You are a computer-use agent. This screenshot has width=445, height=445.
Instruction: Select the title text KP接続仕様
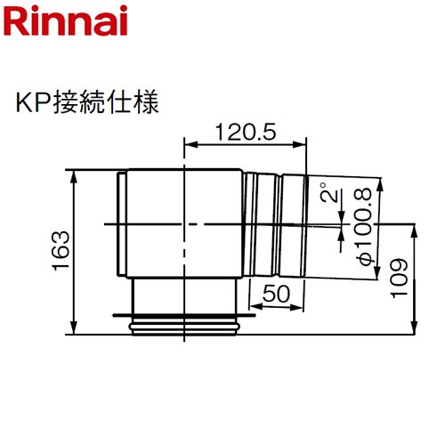[x=86, y=102]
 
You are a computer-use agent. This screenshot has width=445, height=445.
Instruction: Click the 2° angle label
[x=330, y=195]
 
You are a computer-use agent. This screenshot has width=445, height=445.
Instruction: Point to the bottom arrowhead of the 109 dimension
[x=415, y=329]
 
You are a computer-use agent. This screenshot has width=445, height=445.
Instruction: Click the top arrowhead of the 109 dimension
[x=415, y=229]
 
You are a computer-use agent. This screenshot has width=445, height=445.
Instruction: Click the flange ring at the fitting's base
[x=186, y=322]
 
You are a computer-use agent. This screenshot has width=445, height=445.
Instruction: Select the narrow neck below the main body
[x=186, y=294]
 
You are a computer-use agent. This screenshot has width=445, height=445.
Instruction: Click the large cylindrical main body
[x=182, y=222]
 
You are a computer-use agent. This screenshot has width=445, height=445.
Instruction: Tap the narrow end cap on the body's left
[x=120, y=222]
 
